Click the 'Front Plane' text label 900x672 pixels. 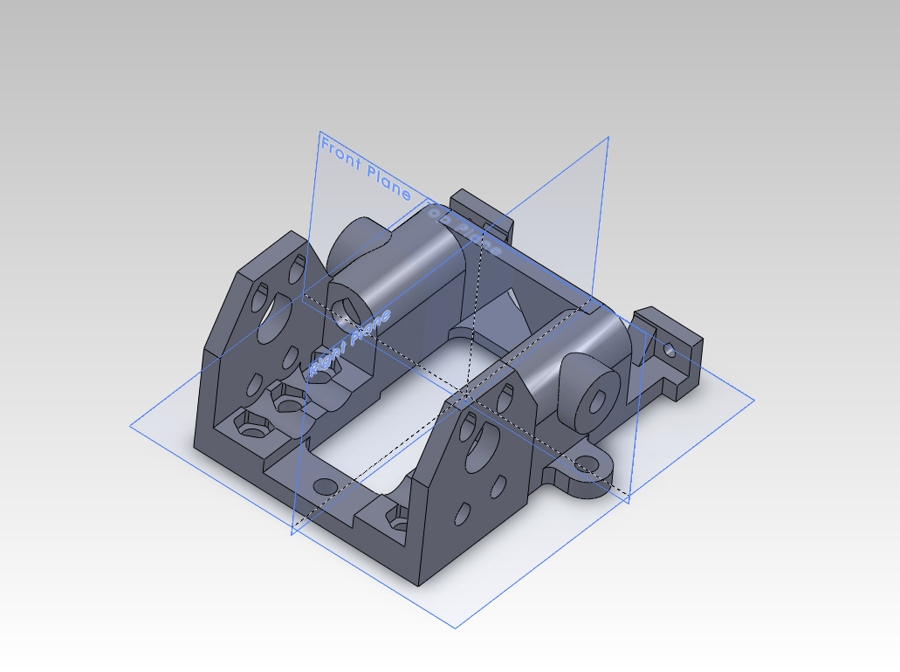[365, 168]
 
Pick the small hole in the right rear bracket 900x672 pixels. [670, 350]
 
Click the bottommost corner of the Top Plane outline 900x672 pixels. [455, 627]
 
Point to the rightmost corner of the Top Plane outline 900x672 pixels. [754, 401]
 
